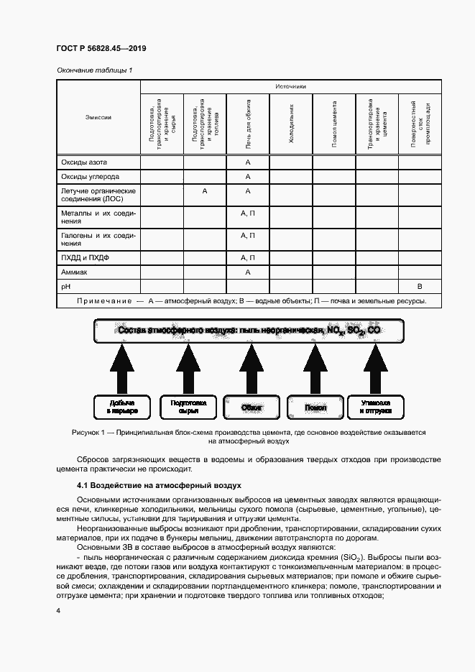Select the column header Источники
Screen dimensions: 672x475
click(x=290, y=86)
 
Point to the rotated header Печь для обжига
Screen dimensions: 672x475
click(x=248, y=124)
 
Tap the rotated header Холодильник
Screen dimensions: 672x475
click(x=291, y=124)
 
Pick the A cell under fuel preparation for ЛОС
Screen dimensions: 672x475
click(x=205, y=191)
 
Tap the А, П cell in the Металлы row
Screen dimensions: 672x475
click(x=248, y=213)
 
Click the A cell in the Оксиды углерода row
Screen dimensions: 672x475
click(x=248, y=176)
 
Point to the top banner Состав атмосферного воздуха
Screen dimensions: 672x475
click(x=251, y=330)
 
